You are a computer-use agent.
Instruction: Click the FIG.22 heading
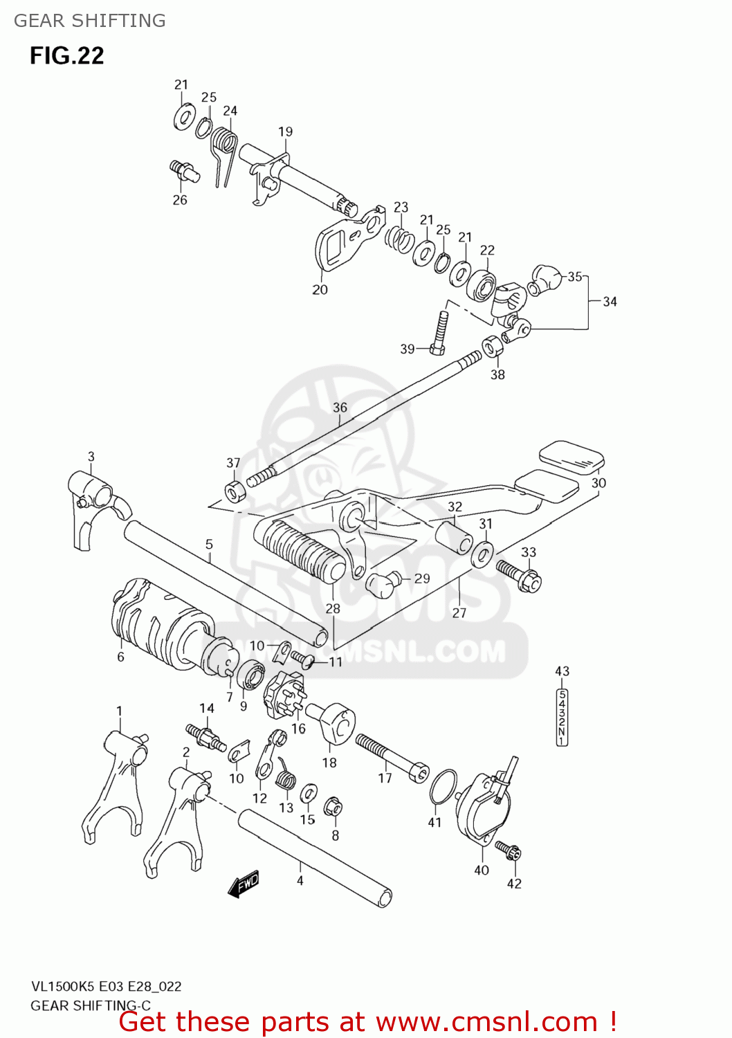[66, 55]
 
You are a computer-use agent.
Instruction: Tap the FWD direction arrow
[244, 884]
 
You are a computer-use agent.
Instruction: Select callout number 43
[562, 671]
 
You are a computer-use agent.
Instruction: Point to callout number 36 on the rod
[340, 407]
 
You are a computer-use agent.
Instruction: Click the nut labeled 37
[235, 490]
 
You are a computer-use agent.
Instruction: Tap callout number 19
[285, 131]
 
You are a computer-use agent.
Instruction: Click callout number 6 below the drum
[120, 657]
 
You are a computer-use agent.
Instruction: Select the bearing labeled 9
[250, 675]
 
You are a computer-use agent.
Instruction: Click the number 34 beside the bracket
[610, 302]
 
